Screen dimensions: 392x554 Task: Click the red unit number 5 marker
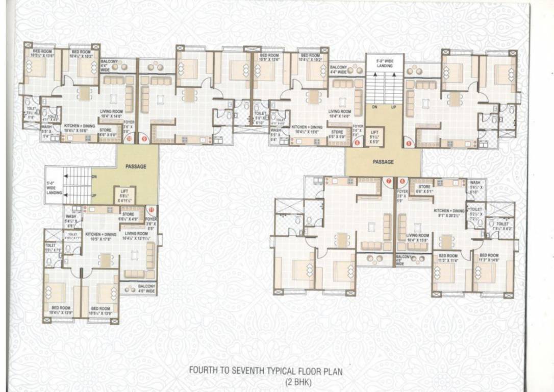[409, 143]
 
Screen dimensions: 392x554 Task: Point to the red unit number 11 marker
[150, 209]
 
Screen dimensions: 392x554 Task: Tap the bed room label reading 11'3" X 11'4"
[448, 258]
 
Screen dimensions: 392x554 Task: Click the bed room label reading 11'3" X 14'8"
[489, 258]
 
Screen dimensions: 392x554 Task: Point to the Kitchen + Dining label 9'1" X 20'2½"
[449, 213]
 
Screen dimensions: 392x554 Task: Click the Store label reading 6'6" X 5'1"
[424, 189]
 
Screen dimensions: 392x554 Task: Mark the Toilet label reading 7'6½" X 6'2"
[502, 227]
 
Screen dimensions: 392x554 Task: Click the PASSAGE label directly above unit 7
[383, 162]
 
